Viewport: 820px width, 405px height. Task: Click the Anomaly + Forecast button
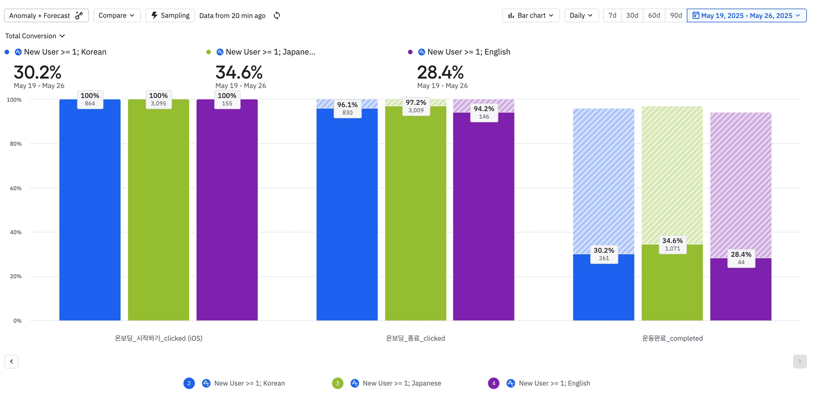pos(46,16)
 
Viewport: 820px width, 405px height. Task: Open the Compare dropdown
pos(117,16)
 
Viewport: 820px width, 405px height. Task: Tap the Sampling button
pos(170,16)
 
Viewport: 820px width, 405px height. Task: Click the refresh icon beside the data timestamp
pos(277,16)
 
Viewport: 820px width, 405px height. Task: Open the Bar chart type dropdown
pos(531,16)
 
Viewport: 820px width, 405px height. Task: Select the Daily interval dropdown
pos(581,16)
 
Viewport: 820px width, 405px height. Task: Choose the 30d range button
pos(632,16)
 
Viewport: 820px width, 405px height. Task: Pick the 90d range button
pos(676,16)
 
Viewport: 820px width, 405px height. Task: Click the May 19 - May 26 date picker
pos(746,16)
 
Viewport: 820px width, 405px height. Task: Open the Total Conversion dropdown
pos(35,36)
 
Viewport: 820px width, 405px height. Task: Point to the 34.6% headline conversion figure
pos(239,73)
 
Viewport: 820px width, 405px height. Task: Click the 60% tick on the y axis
pos(16,188)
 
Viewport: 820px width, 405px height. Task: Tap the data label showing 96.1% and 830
pos(348,108)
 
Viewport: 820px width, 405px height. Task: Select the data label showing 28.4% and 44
pos(741,258)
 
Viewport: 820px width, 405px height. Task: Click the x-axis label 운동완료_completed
pos(672,339)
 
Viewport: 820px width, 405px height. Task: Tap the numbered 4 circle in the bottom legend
pos(494,383)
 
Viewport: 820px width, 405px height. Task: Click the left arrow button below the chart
pos(12,361)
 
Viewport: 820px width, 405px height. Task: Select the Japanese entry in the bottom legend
pos(402,383)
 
